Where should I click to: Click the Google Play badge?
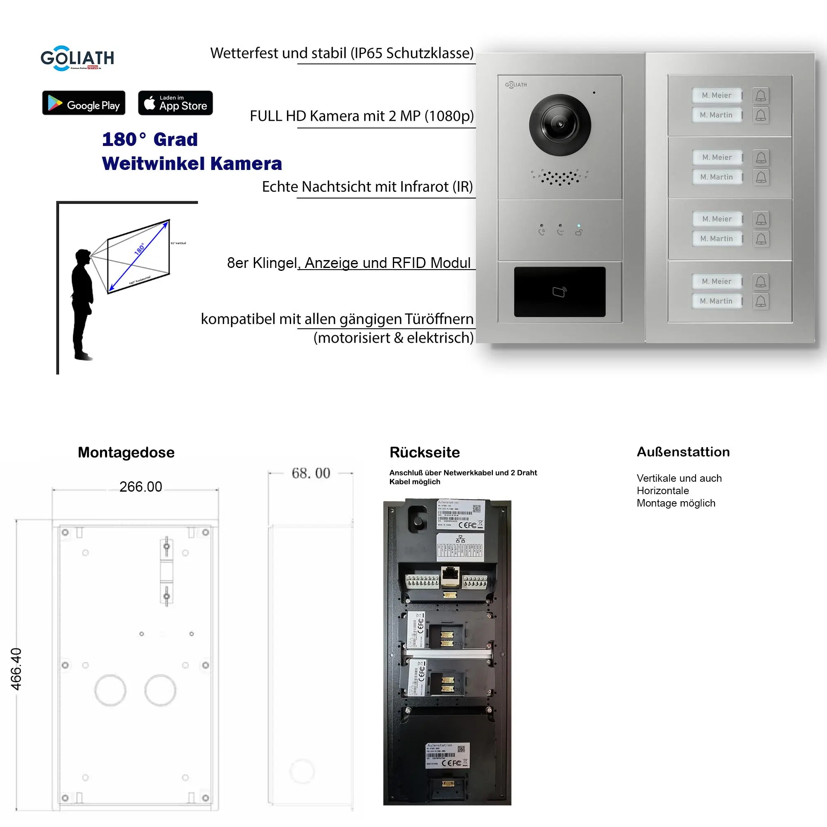tap(84, 103)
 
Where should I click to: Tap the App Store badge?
tap(175, 103)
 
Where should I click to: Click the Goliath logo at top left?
tap(77, 58)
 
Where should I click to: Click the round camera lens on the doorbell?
tap(560, 124)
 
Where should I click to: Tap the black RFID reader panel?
tap(559, 292)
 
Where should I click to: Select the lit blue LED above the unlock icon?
tap(579, 225)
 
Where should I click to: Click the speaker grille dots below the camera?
tap(559, 177)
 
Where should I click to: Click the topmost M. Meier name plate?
tap(717, 95)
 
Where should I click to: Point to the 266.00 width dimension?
tap(141, 487)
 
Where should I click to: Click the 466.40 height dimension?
tap(16, 669)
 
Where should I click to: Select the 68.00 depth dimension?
tap(311, 473)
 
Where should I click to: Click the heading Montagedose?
tap(126, 452)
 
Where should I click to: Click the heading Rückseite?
tap(424, 452)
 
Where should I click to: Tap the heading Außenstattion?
tap(683, 452)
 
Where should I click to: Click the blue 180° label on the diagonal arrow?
tap(139, 249)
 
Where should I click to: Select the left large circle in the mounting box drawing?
tap(110, 690)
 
